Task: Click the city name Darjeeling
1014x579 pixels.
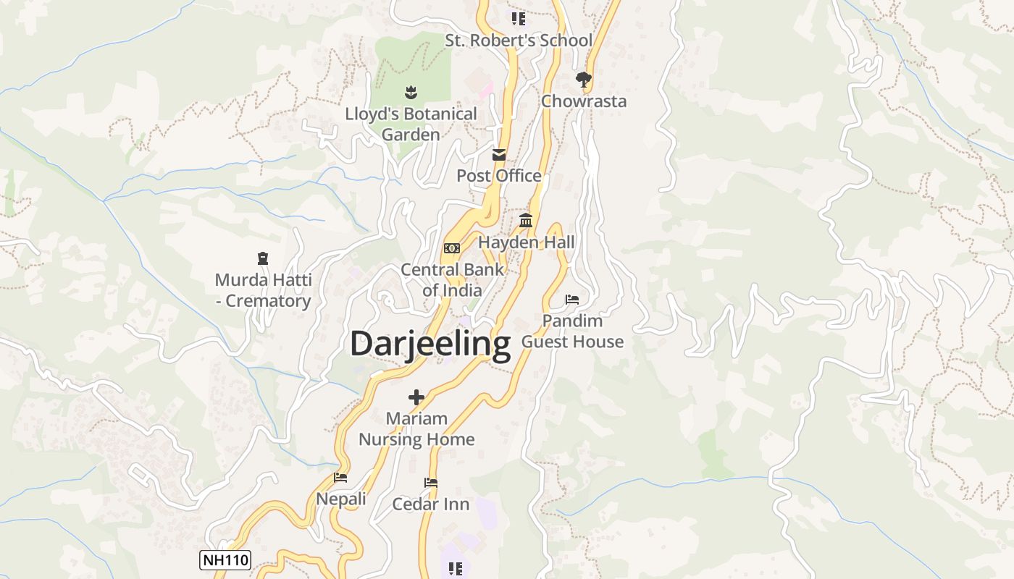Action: [430, 345]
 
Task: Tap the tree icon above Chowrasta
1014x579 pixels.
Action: [584, 79]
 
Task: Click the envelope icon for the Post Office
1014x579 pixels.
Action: [499, 155]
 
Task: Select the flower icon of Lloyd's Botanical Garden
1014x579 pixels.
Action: [411, 92]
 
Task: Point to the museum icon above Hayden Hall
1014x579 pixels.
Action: [526, 221]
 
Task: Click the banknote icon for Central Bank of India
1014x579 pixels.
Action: [452, 248]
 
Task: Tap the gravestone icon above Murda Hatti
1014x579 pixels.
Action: [263, 258]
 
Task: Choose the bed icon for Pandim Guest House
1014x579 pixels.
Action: [572, 300]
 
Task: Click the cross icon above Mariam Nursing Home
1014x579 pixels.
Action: [416, 397]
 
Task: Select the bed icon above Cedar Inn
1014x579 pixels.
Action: [431, 483]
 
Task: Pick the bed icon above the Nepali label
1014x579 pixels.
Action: [340, 478]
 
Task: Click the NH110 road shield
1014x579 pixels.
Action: [225, 559]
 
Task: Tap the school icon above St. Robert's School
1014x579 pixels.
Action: [518, 19]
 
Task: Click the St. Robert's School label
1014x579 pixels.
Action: [519, 41]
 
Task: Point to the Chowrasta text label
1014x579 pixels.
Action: [584, 101]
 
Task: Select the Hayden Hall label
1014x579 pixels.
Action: [527, 242]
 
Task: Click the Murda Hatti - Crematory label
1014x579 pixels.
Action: [264, 290]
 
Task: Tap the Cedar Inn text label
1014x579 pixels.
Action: [431, 504]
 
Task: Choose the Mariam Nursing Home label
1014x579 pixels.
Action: [416, 429]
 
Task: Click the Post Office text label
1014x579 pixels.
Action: [499, 176]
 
